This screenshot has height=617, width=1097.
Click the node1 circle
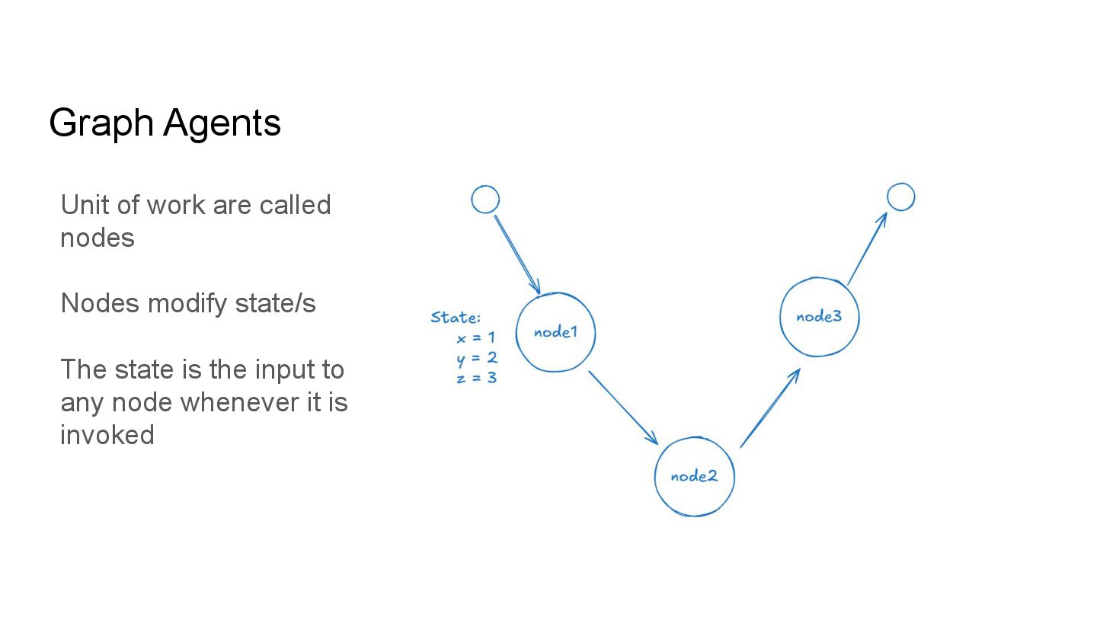[555, 333]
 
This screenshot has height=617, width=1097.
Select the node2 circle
[694, 477]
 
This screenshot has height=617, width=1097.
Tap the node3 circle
[819, 317]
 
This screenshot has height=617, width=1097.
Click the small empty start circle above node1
[485, 200]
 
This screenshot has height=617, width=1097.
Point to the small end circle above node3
[900, 197]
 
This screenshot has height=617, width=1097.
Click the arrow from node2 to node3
[769, 408]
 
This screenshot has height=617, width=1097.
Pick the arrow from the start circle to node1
[517, 254]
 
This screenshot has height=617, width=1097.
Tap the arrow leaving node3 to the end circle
[868, 248]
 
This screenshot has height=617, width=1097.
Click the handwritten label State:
[456, 318]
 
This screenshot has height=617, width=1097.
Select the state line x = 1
[476, 337]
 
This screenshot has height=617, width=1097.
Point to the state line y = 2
[477, 357]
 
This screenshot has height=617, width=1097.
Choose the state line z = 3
[477, 376]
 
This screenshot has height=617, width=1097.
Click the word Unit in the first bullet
[84, 205]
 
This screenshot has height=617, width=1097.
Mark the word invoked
[107, 435]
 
